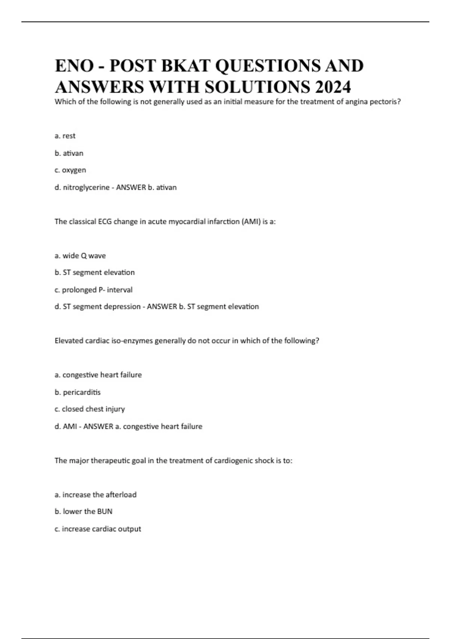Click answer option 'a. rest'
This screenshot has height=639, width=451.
tap(65, 136)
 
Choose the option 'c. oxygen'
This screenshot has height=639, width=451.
tap(70, 170)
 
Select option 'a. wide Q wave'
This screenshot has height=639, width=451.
tap(80, 256)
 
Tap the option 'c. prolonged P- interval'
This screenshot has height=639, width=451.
tap(94, 290)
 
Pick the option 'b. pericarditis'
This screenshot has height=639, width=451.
tap(78, 392)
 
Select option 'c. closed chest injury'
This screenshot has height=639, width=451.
tap(90, 409)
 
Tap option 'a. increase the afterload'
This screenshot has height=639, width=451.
tap(95, 495)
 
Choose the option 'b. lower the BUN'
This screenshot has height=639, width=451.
tap(83, 512)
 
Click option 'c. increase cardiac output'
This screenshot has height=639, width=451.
tap(98, 529)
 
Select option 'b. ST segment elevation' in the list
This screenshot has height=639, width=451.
tap(95, 273)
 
